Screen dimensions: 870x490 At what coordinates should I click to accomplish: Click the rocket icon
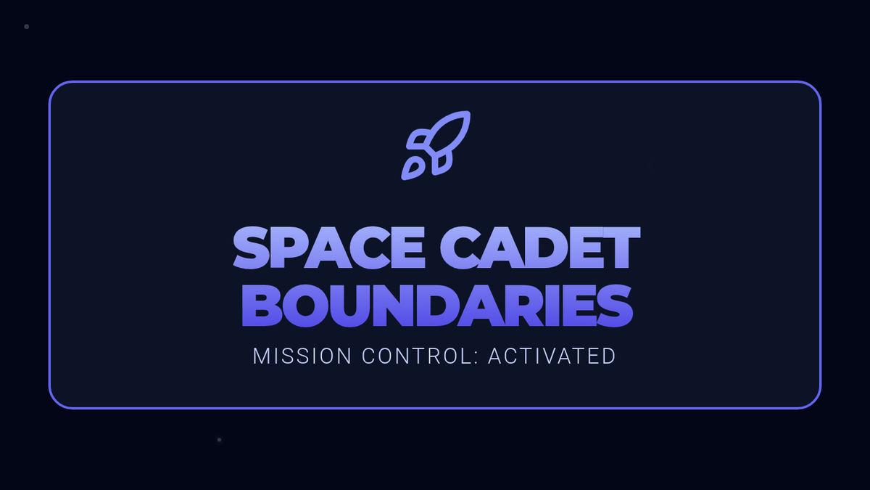pos(436,145)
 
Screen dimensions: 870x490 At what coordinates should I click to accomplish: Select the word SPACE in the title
pos(329,248)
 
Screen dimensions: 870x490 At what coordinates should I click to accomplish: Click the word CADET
pos(540,248)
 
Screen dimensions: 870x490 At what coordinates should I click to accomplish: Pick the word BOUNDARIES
pos(437,306)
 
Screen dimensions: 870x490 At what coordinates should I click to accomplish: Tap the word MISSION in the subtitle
pos(302,356)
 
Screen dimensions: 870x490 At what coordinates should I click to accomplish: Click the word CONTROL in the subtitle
pos(417,356)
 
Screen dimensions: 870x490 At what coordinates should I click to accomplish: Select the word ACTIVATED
pos(552,356)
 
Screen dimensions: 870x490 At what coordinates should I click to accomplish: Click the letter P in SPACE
pos(286,248)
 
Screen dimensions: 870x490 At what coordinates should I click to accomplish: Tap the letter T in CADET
pos(622,248)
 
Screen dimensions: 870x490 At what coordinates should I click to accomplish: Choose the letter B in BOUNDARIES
pos(262,306)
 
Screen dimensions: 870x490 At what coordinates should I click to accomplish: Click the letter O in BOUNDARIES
pos(306,306)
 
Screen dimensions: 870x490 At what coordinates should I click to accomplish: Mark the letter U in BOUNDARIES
pos(351,306)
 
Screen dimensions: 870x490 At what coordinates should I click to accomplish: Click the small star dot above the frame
pos(26,26)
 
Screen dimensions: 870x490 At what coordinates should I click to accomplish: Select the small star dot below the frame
pos(219,440)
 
